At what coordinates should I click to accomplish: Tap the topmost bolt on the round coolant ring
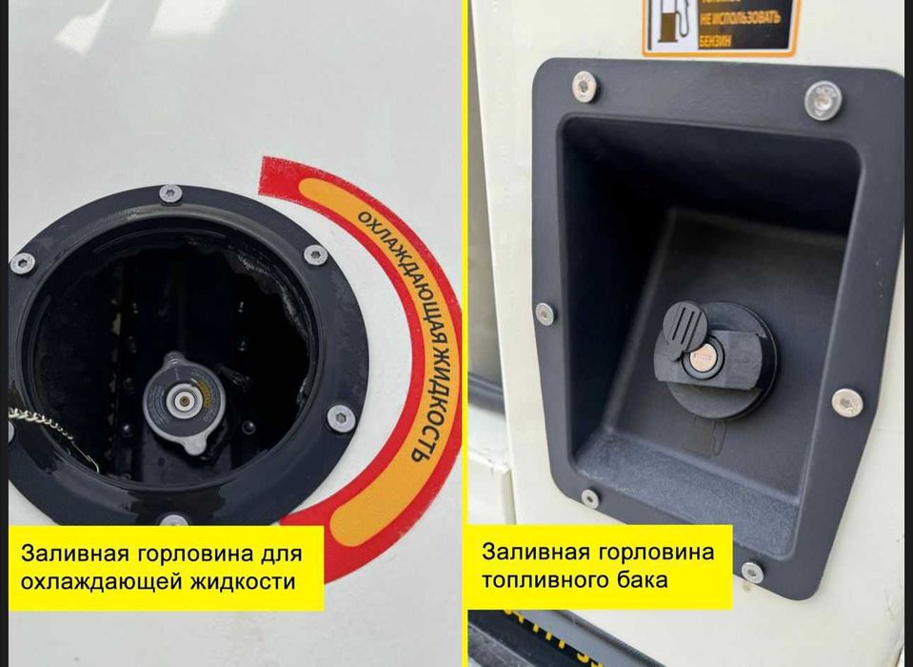tap(170, 193)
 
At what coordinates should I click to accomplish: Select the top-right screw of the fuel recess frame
tap(823, 99)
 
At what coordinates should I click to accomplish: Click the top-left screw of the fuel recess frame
tap(585, 87)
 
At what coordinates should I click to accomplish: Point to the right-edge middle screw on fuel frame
tap(846, 402)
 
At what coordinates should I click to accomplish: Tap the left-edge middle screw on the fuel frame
tap(545, 313)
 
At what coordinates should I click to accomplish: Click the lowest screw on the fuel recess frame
tap(752, 572)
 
